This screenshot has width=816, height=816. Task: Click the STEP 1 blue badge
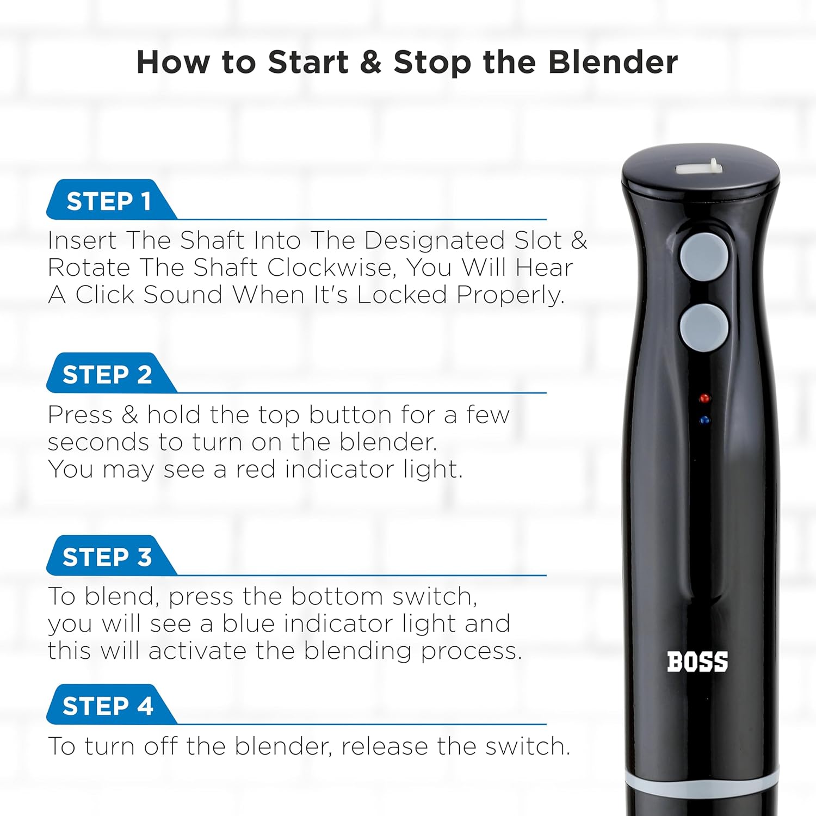tap(109, 201)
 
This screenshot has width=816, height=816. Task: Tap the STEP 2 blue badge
tap(107, 374)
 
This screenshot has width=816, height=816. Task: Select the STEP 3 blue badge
tap(107, 557)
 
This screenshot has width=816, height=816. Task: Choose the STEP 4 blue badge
tap(107, 706)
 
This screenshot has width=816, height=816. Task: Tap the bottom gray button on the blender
tap(704, 327)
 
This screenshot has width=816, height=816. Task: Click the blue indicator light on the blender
tap(705, 421)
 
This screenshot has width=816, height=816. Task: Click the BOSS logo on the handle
tap(697, 662)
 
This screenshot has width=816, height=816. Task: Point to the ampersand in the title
tap(370, 62)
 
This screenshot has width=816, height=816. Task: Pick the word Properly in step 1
tap(510, 295)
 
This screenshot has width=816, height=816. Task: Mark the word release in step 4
tap(384, 746)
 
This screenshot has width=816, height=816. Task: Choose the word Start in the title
tap(308, 62)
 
